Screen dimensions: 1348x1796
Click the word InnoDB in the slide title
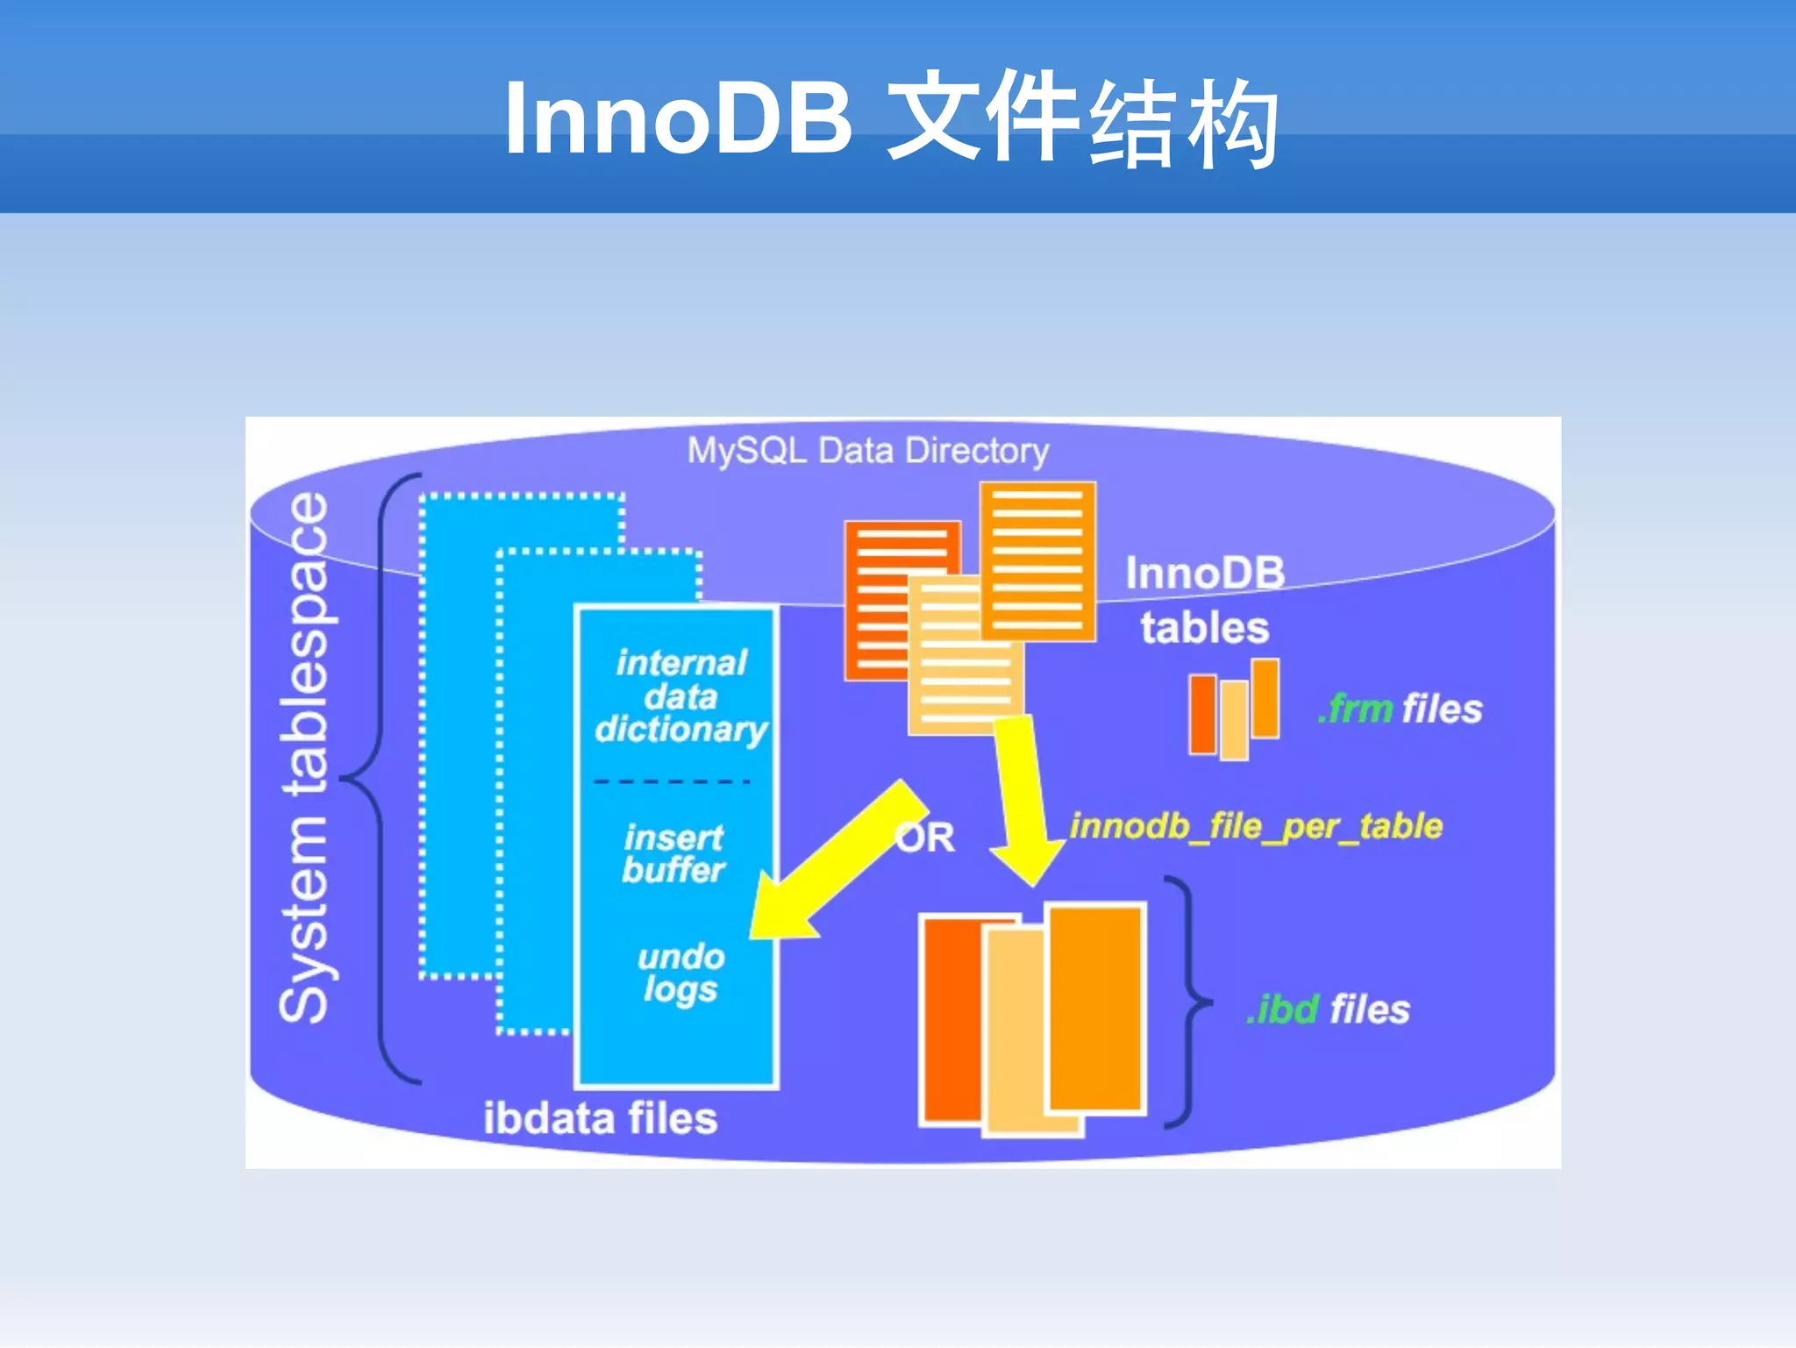(678, 118)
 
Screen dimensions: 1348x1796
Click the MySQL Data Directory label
(867, 451)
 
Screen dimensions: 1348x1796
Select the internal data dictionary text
(681, 696)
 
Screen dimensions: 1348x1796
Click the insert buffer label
(673, 853)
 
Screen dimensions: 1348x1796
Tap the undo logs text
(681, 972)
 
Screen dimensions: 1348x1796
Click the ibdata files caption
(600, 1118)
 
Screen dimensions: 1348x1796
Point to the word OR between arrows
(926, 838)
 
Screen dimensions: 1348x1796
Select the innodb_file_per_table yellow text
(1255, 826)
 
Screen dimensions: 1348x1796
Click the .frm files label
(1400, 709)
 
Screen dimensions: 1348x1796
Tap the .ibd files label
(1328, 1009)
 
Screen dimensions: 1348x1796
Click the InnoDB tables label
(1205, 601)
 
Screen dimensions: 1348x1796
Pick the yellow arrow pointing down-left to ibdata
(833, 868)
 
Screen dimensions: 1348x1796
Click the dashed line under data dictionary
(672, 781)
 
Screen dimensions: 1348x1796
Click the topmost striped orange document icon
(1037, 561)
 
